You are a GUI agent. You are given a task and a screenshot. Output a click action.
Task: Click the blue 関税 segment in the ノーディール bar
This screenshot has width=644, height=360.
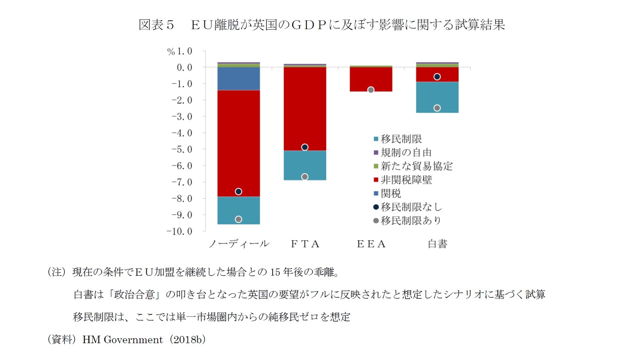pyautogui.click(x=239, y=79)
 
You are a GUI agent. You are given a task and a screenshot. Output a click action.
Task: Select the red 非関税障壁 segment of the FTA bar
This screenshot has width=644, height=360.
pyautogui.click(x=305, y=109)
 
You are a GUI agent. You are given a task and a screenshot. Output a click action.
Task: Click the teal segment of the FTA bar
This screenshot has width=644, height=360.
pyautogui.click(x=305, y=165)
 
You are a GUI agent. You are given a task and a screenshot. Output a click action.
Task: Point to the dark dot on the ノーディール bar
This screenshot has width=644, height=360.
pyautogui.click(x=239, y=191)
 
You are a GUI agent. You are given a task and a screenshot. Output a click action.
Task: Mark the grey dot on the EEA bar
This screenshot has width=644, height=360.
pyautogui.click(x=371, y=90)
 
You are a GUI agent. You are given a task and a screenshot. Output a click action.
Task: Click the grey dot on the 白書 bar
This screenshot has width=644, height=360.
pyautogui.click(x=437, y=108)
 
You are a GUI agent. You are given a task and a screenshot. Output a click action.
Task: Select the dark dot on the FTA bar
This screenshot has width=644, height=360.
pyautogui.click(x=305, y=147)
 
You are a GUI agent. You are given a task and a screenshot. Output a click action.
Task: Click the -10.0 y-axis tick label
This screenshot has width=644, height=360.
pyautogui.click(x=180, y=231)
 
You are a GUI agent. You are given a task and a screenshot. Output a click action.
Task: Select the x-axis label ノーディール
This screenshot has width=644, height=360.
pyautogui.click(x=239, y=244)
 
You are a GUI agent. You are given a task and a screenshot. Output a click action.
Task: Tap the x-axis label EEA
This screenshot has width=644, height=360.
pyautogui.click(x=371, y=244)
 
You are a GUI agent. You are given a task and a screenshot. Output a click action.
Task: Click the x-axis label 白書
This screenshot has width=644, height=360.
pyautogui.click(x=437, y=244)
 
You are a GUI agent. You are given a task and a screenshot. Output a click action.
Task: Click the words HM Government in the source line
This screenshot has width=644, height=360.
pyautogui.click(x=122, y=339)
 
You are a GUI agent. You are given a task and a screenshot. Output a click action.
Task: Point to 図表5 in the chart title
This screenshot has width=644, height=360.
pyautogui.click(x=156, y=25)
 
